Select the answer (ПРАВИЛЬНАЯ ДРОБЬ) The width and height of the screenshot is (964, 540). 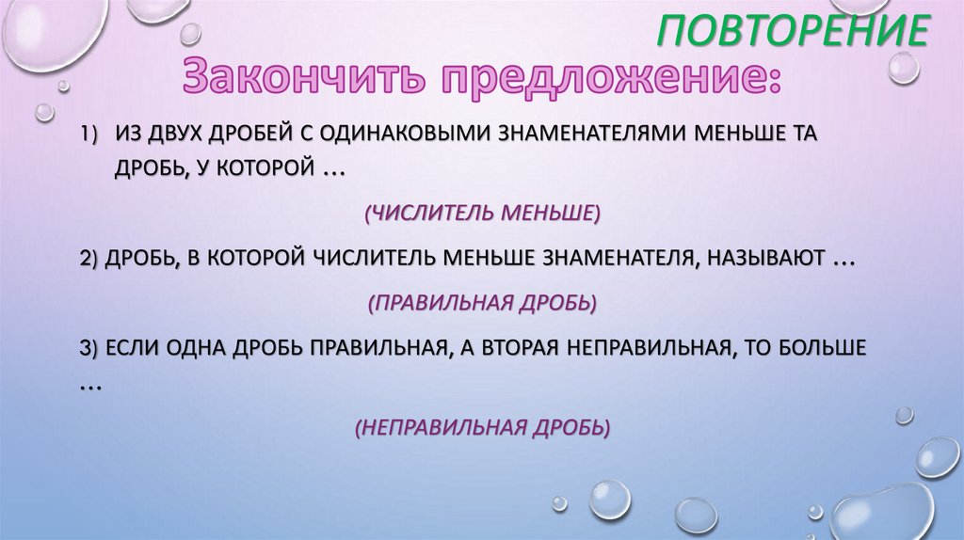pyautogui.click(x=482, y=303)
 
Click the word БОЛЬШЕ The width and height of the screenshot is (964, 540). pyautogui.click(x=819, y=347)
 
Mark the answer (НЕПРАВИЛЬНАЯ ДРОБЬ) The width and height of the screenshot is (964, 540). pyautogui.click(x=482, y=427)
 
